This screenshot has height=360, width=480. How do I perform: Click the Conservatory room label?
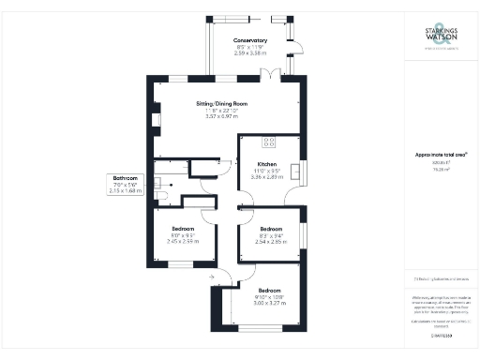coord(250,40)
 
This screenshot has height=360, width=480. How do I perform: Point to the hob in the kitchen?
coord(269,142)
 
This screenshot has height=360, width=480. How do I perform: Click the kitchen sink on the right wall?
coord(296,170)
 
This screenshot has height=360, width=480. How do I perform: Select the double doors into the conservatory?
coord(271,73)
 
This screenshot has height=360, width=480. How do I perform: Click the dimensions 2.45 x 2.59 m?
coord(183,242)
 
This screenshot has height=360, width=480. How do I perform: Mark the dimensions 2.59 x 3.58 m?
coord(250,54)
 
